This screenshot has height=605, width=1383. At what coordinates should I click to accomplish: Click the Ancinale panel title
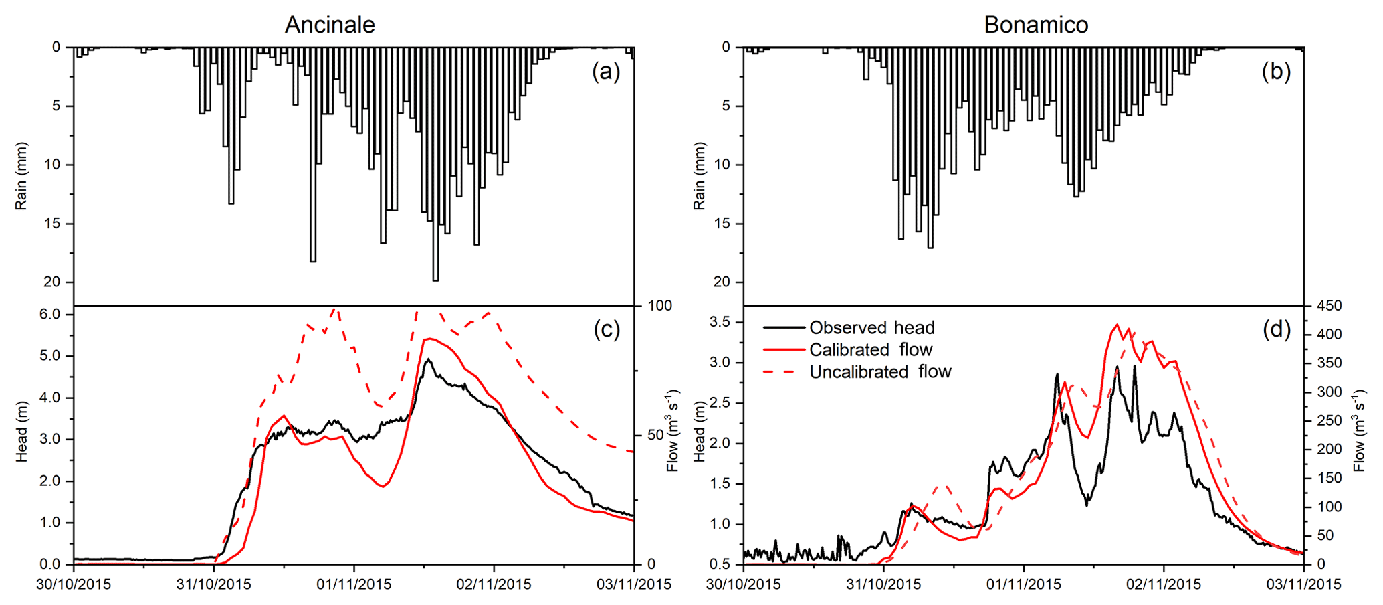(x=330, y=25)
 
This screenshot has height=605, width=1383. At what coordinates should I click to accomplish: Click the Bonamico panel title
(x=1036, y=25)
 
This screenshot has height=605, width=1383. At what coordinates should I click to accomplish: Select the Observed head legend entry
(x=871, y=327)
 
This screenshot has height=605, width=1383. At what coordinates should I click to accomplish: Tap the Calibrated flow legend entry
(x=870, y=349)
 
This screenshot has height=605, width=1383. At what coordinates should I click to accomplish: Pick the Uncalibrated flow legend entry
(x=879, y=372)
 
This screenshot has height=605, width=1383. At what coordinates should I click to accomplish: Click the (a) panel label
(x=606, y=71)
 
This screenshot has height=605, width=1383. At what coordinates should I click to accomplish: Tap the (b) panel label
(x=1276, y=71)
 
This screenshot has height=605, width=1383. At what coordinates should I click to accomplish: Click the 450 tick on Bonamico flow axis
(x=1329, y=306)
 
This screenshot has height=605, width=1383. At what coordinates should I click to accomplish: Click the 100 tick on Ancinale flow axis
(x=660, y=306)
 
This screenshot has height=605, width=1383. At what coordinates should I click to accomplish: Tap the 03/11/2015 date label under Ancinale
(x=634, y=585)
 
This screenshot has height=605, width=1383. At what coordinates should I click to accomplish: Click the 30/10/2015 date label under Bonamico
(x=743, y=585)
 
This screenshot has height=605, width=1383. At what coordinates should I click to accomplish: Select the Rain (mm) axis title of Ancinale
(x=21, y=176)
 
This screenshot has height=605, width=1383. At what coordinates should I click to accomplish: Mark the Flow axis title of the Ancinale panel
(x=673, y=430)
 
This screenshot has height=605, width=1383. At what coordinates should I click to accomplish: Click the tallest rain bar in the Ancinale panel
(x=435, y=164)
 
